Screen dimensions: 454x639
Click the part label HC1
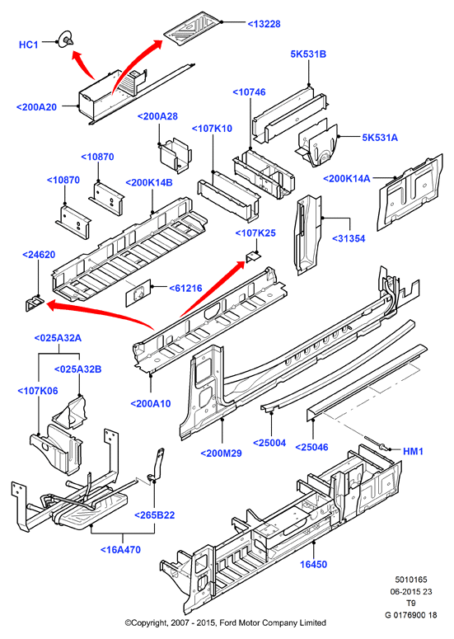coord(29,45)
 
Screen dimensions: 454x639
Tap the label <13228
coord(264,24)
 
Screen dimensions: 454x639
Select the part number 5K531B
coord(308,54)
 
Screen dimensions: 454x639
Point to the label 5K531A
coord(380,138)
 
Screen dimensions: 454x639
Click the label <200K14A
coord(347,178)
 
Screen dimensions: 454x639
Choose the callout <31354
coord(349,238)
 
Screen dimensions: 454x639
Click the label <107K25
coord(255,233)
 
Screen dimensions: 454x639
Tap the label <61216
coord(185,288)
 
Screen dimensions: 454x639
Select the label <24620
coord(39,255)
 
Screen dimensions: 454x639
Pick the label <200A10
coord(151,404)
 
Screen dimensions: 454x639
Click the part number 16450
coord(314,565)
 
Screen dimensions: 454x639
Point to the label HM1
coord(414,452)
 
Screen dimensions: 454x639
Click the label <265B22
coord(155,515)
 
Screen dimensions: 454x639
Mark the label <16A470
coord(120,550)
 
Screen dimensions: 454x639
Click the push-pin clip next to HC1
coord(66,40)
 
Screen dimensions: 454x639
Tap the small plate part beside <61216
coord(138,293)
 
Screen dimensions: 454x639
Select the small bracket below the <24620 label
coord(35,304)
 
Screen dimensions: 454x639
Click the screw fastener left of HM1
coord(374,444)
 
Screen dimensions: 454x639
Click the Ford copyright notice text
coord(226,623)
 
